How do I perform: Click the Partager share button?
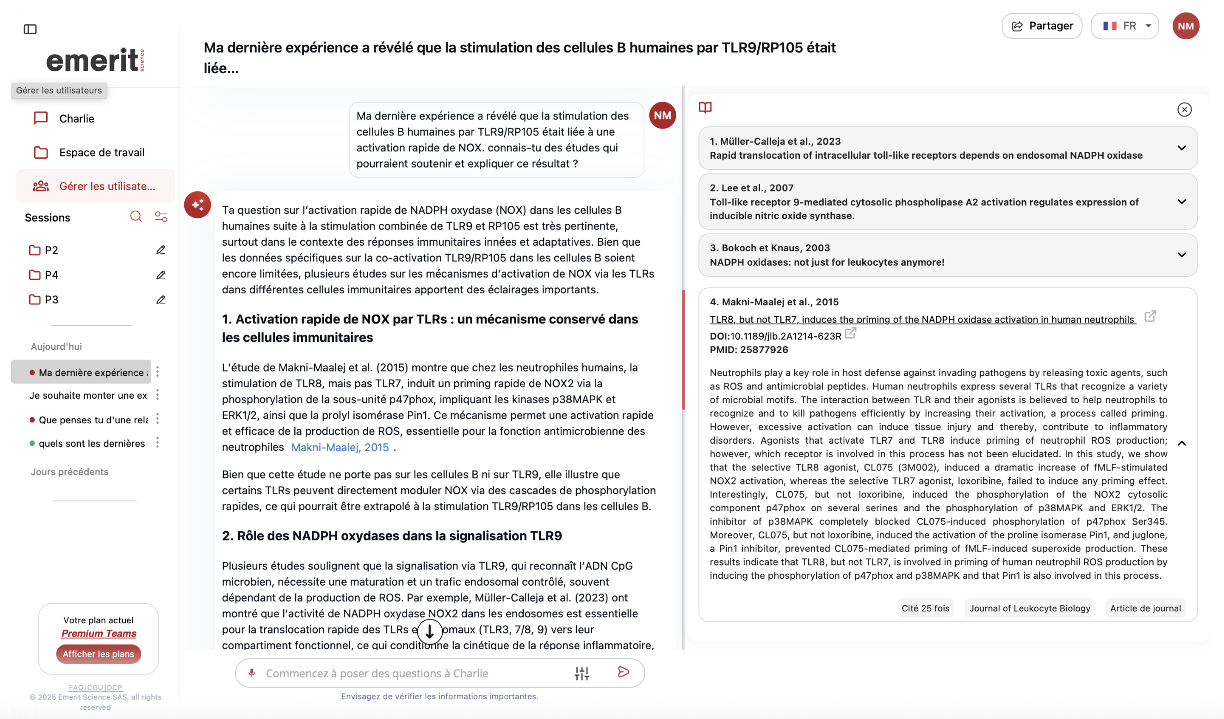pos(1041,26)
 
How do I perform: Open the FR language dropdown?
pos(1125,26)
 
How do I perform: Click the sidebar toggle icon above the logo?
pos(30,29)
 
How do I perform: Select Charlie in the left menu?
pos(76,118)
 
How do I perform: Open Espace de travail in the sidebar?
pos(101,153)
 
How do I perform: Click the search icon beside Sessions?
pos(136,217)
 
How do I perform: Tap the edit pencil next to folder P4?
pos(161,275)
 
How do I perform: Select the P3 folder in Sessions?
pos(51,300)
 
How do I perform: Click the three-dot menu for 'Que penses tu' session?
pos(157,419)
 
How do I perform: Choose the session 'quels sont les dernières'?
pos(91,443)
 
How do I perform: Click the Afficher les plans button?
pos(98,654)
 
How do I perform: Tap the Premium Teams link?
pos(98,633)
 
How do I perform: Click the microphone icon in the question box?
pos(252,673)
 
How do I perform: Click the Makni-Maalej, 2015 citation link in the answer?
pos(340,447)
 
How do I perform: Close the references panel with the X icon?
pos(1184,109)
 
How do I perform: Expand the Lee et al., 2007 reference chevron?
pos(1181,202)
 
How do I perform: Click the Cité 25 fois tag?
pos(925,608)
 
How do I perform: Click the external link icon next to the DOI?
pos(850,333)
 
